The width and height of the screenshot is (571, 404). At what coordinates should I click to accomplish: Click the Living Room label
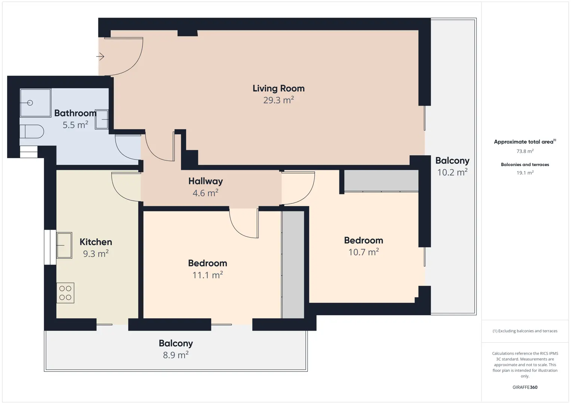(278, 88)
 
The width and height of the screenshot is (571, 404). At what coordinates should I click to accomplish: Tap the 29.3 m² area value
(278, 100)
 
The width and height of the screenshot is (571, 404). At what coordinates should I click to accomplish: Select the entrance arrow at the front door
(100, 56)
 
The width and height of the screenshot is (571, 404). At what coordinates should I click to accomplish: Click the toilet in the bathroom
(31, 132)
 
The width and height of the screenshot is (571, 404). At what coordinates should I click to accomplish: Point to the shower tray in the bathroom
(36, 103)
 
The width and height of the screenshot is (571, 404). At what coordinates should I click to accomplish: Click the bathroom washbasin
(102, 119)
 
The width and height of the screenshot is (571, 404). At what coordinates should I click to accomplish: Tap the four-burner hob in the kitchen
(65, 293)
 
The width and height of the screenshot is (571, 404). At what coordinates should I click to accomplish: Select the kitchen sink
(64, 245)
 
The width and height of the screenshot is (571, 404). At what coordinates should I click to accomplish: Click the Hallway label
(205, 181)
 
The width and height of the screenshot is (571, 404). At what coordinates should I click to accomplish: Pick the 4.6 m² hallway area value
(205, 193)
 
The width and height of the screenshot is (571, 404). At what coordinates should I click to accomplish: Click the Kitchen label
(95, 242)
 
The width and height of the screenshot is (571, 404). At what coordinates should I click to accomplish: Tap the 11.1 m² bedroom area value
(208, 275)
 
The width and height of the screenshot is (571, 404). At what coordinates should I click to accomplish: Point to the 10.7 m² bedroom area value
(363, 252)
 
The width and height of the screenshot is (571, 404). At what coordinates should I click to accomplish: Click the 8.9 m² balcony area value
(175, 355)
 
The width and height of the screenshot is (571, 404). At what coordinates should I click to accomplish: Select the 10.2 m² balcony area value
(452, 172)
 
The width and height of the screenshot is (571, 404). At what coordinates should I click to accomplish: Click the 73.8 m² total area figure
(525, 151)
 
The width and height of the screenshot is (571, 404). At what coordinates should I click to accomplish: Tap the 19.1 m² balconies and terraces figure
(525, 172)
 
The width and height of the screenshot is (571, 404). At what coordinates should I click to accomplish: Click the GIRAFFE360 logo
(525, 387)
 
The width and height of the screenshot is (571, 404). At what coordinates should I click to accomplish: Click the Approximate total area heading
(523, 142)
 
